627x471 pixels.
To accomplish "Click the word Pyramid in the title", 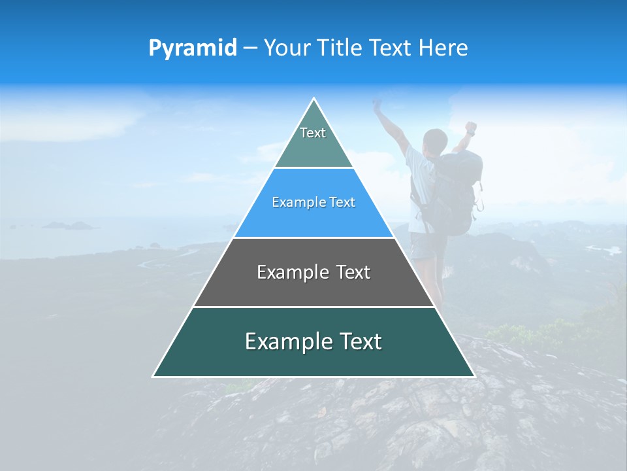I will (x=193, y=48).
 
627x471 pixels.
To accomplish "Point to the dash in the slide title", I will (x=250, y=48).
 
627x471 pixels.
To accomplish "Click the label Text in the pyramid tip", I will (x=313, y=133).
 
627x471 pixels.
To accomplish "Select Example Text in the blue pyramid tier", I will (x=313, y=202).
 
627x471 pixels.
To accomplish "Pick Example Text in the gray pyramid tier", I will (x=313, y=272).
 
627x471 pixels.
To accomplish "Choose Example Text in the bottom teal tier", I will (x=313, y=341).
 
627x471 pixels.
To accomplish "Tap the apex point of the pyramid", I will (x=314, y=99).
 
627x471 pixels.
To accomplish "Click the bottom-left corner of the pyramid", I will (x=153, y=376).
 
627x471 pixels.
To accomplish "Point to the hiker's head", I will (x=434, y=140).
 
